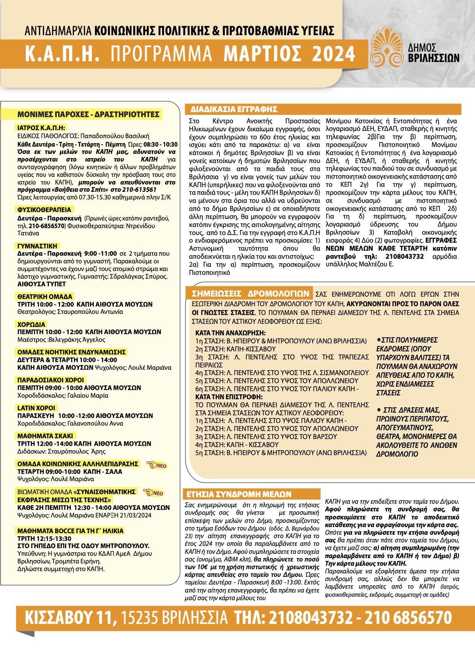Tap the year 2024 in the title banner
pos(334,54)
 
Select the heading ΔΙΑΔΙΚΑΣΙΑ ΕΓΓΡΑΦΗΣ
pos(234,109)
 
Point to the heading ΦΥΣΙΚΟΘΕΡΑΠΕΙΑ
pos(44,210)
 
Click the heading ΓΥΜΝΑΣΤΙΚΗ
pos(37,246)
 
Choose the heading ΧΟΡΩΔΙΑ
pos(31,325)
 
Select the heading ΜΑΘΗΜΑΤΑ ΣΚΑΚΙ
pos(45,436)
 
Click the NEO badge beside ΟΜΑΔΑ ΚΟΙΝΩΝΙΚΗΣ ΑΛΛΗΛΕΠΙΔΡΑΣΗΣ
pos(157,465)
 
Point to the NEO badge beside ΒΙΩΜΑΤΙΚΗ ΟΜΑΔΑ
pos(154,493)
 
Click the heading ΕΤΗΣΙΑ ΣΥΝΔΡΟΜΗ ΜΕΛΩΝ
pos(239,494)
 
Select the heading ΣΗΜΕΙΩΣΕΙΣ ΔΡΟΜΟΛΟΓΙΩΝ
pos(251,294)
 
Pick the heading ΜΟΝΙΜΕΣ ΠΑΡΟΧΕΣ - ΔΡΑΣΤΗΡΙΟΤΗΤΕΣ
pos(88,114)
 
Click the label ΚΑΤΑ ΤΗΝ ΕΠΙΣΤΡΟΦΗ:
pos(229,397)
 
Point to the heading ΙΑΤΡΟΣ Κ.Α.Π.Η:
pos(41,128)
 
